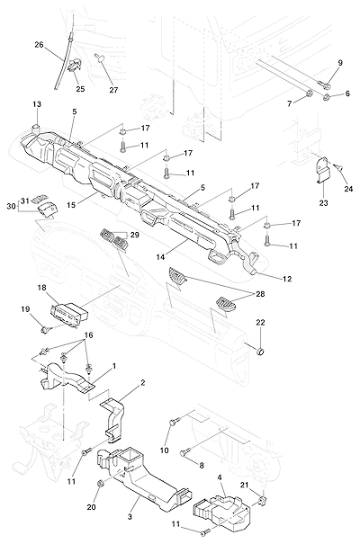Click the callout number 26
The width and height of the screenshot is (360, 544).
39,45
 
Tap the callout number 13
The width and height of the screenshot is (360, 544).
37,104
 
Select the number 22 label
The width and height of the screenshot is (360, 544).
260,322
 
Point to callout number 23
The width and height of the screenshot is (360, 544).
323,202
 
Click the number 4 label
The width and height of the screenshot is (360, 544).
220,477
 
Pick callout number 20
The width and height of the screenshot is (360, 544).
91,507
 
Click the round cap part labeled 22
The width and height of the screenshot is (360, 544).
260,352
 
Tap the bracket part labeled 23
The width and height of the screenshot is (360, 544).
323,170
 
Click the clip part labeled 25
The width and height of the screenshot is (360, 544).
75,66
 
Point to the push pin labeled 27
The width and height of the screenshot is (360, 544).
100,58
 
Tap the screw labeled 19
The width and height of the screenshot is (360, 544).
46,329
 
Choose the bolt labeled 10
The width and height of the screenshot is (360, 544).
174,422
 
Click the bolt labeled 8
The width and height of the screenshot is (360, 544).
184,452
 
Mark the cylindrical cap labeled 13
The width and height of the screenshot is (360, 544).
37,128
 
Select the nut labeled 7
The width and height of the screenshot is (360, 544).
309,94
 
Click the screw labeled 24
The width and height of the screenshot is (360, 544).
340,167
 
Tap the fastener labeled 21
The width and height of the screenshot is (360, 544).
262,500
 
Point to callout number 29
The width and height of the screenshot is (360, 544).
135,235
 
